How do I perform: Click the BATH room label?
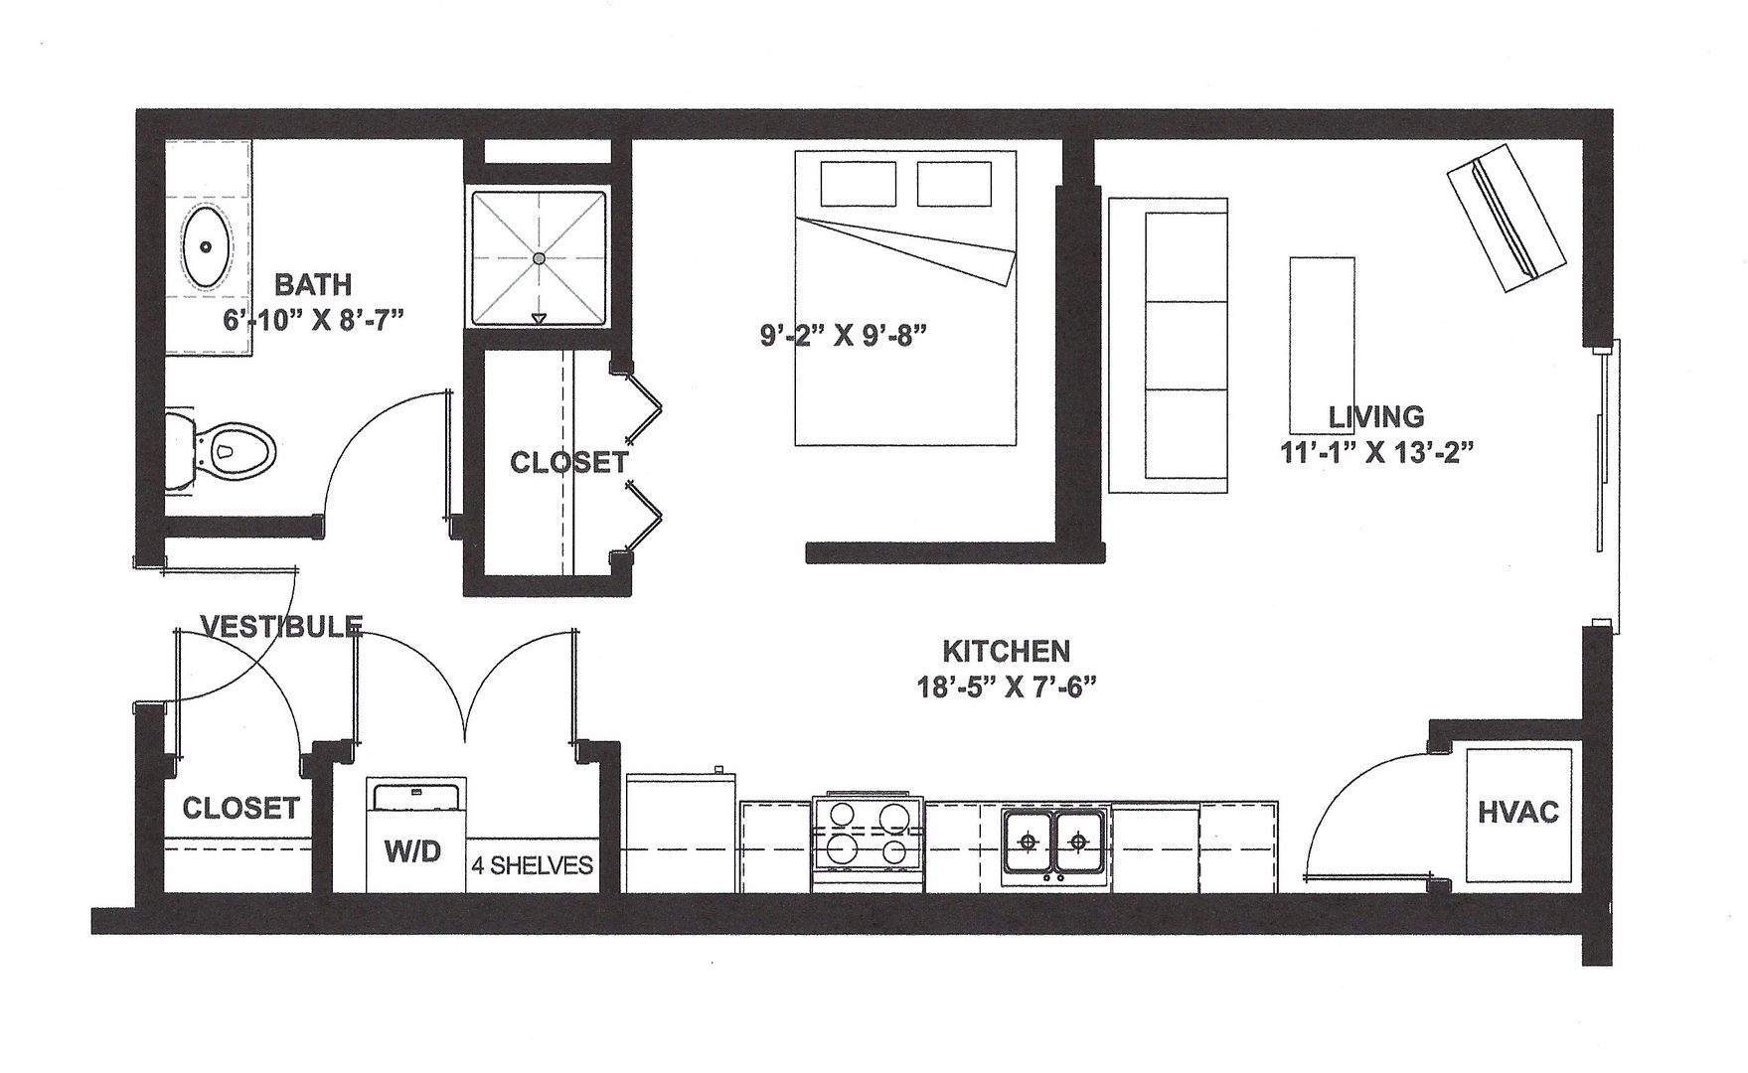tap(313, 285)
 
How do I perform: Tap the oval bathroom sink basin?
tap(207, 246)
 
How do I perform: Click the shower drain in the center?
tap(539, 258)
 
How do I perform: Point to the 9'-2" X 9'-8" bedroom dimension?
tap(844, 336)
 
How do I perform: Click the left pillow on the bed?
tap(859, 184)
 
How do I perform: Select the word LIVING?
tap(1375, 417)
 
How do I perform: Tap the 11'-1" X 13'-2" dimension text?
tap(1375, 453)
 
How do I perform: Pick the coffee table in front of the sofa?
tap(1322, 342)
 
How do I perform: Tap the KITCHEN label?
tap(1006, 652)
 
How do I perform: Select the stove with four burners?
tap(868, 843)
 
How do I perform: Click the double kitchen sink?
tap(1053, 843)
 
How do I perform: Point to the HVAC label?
tap(1517, 813)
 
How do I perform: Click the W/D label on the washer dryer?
tap(413, 851)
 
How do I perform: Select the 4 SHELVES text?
tap(532, 865)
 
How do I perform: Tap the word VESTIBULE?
tap(281, 626)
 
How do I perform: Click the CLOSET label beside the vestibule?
tap(240, 808)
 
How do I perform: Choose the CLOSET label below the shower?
tap(568, 462)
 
